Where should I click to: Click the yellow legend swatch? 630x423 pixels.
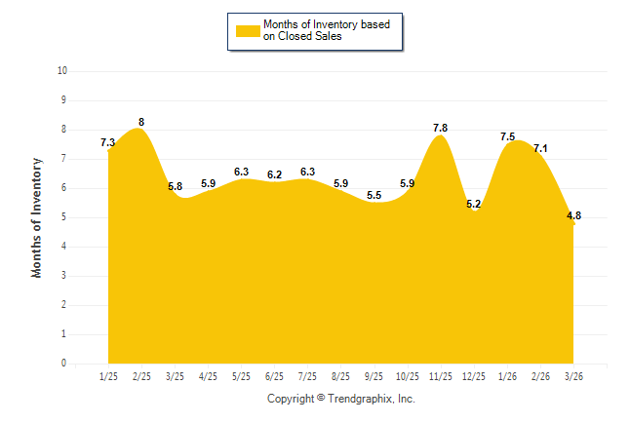click(x=247, y=30)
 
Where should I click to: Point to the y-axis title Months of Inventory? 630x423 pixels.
click(x=37, y=217)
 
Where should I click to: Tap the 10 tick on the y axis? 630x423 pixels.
click(x=62, y=71)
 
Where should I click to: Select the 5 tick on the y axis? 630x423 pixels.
click(x=63, y=217)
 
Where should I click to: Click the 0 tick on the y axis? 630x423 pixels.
click(x=63, y=364)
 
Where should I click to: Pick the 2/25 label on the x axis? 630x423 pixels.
click(x=141, y=377)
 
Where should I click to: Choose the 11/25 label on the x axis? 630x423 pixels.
click(x=440, y=377)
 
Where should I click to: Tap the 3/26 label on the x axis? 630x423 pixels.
click(x=573, y=377)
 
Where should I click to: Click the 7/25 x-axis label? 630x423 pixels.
click(x=307, y=377)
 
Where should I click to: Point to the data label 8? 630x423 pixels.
click(x=141, y=122)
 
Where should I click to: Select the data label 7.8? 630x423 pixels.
click(x=440, y=128)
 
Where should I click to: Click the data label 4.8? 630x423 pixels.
click(x=574, y=215)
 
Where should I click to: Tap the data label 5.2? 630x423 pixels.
click(x=473, y=204)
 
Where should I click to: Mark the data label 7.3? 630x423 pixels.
click(x=108, y=142)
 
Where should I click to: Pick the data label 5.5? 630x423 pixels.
click(x=374, y=195)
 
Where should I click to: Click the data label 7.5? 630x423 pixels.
click(x=507, y=136)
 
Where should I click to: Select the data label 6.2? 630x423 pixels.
click(x=274, y=174)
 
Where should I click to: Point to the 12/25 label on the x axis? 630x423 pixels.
click(x=473, y=377)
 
